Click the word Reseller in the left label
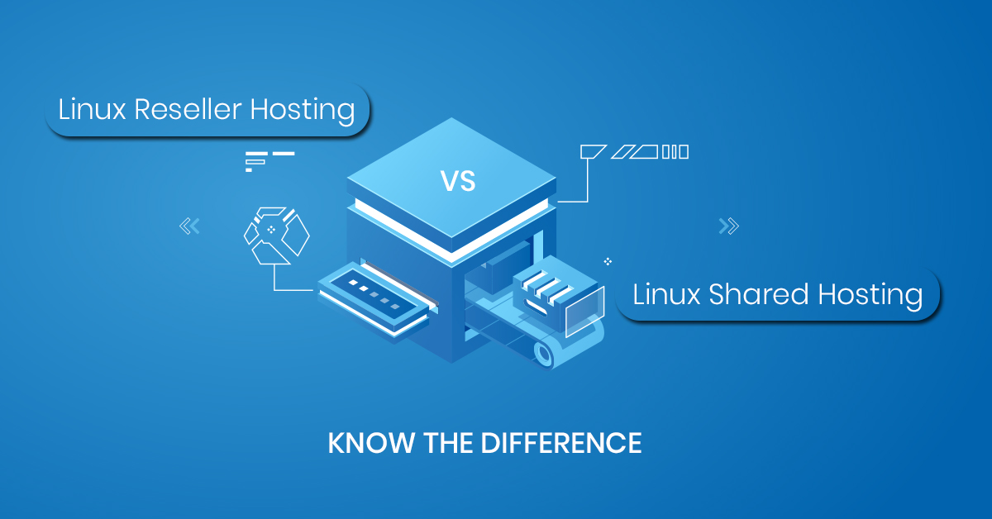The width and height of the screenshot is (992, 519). pos(177,109)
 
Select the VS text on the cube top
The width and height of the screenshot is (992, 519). pos(457,181)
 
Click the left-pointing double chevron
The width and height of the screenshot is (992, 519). pos(189,225)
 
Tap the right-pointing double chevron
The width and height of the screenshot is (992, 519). pos(728,226)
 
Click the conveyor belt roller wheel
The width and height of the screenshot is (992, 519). pos(543,353)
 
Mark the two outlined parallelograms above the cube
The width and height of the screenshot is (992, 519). pos(634,151)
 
